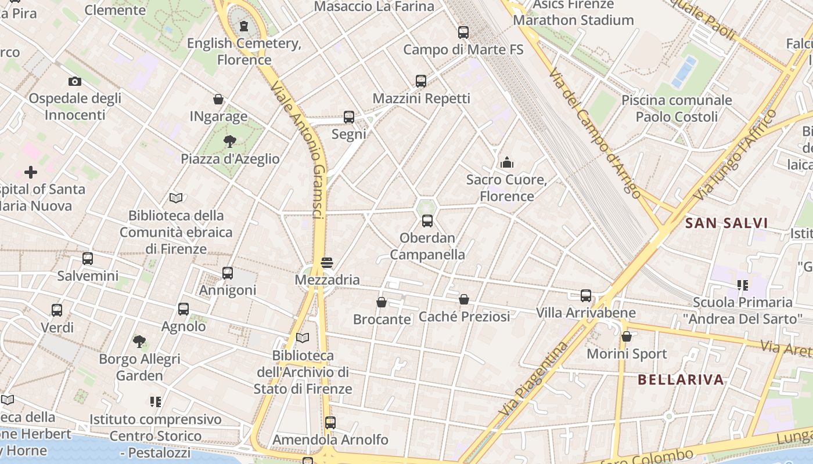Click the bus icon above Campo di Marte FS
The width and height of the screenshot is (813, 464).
(463, 32)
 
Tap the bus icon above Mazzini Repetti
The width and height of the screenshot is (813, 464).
(421, 81)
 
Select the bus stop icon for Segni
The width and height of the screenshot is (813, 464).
(348, 117)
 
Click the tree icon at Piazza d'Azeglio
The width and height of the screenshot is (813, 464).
(230, 142)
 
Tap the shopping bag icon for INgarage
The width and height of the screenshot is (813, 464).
(218, 99)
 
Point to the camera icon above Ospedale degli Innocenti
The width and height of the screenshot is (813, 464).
(74, 81)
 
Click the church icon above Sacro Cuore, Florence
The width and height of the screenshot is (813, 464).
(507, 162)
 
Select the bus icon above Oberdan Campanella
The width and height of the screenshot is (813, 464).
(427, 221)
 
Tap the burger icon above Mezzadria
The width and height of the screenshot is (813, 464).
(327, 263)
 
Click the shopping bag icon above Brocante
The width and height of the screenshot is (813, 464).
(382, 302)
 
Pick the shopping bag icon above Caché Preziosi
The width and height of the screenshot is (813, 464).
(464, 299)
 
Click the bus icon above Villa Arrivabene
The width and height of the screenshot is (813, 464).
(586, 296)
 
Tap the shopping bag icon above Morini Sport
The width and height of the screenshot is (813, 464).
(627, 336)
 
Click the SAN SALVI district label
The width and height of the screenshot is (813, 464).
(726, 223)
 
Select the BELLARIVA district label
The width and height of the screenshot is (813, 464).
(681, 380)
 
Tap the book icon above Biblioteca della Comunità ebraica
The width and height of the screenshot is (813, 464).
(176, 198)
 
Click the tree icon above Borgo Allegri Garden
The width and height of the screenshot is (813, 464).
(139, 342)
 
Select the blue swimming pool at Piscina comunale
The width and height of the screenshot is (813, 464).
(684, 71)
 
